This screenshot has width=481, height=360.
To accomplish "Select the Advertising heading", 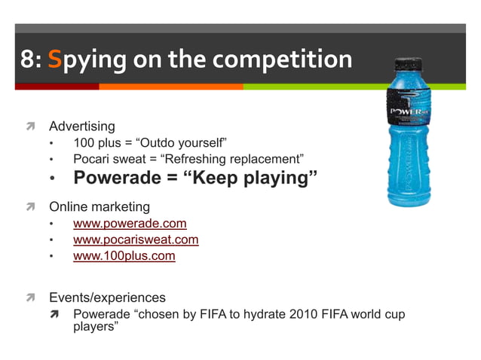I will coord(82,126).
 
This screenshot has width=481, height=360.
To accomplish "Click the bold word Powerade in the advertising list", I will coord(121,178).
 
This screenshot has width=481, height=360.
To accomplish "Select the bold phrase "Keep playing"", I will coord(256,178).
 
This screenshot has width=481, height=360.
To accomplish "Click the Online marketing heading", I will coord(100,206).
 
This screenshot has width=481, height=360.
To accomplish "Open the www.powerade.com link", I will coord(130,224).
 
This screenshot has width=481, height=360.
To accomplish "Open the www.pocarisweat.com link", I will coord(136,239).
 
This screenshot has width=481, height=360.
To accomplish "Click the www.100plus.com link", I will coord(124,256).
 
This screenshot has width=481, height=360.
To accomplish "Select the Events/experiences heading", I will coord(107,297).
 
